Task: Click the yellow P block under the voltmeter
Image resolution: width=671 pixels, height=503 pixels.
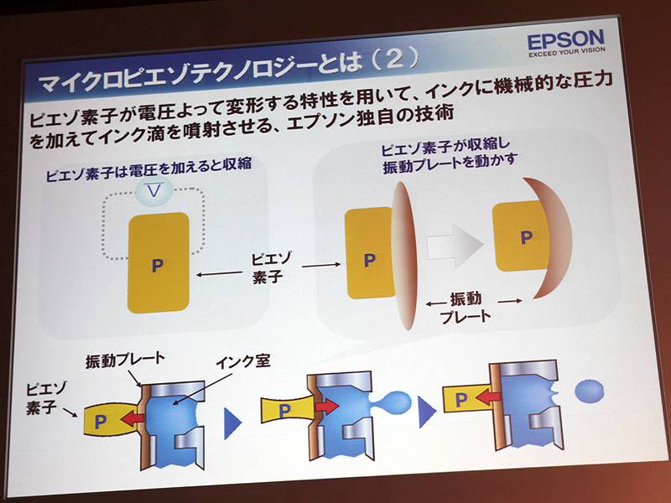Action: point(158,263)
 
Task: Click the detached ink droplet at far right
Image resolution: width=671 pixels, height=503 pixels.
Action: point(590,391)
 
